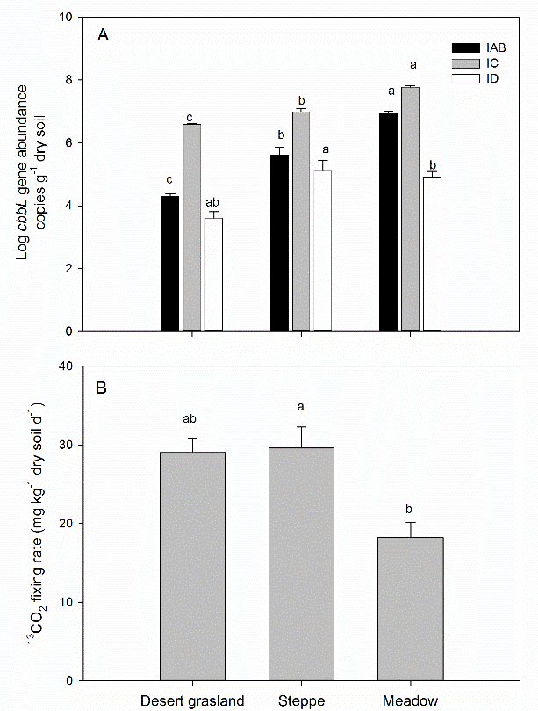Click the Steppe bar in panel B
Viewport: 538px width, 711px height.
pyautogui.click(x=301, y=563)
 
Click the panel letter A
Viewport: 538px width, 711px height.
pyautogui.click(x=103, y=35)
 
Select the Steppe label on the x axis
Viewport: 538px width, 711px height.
pyautogui.click(x=301, y=700)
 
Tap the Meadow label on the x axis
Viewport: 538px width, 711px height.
pyautogui.click(x=410, y=700)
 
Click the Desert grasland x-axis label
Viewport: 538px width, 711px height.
pyautogui.click(x=191, y=700)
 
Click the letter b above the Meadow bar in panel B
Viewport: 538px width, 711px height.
pyautogui.click(x=410, y=507)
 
